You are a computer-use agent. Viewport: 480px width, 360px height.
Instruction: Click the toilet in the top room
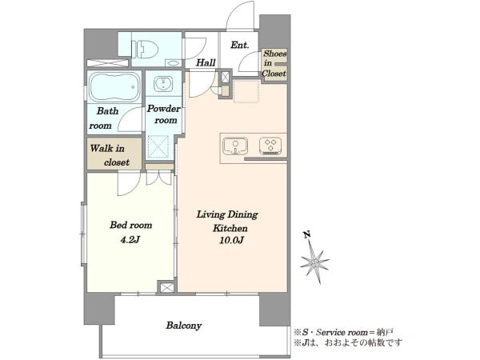click(x=145, y=49)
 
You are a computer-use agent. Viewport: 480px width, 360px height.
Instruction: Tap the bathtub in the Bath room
click(x=114, y=87)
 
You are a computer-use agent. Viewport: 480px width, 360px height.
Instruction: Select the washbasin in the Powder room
click(x=163, y=84)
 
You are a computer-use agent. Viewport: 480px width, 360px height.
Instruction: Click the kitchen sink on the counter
click(x=235, y=146)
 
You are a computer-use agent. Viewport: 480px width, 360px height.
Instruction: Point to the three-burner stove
click(x=270, y=146)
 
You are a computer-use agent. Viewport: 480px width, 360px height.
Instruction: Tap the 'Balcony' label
click(x=184, y=325)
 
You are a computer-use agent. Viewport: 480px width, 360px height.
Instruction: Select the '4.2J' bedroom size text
click(x=130, y=240)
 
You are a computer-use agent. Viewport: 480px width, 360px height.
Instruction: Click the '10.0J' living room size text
click(x=231, y=240)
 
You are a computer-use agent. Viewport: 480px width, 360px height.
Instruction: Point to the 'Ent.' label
click(x=239, y=45)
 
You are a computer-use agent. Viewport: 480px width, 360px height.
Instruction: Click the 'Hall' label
click(x=206, y=62)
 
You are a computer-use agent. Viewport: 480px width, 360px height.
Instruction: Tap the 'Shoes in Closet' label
click(x=274, y=63)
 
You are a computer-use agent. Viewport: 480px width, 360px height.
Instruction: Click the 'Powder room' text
click(x=164, y=114)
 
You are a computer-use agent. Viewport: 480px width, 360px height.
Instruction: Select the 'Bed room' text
click(x=130, y=226)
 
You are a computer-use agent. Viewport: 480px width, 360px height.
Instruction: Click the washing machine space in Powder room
click(x=158, y=146)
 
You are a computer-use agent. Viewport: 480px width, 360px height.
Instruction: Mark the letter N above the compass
click(x=306, y=234)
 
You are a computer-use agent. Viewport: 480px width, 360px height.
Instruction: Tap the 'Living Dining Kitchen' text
click(x=227, y=221)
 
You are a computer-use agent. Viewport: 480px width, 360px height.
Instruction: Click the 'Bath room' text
click(x=104, y=118)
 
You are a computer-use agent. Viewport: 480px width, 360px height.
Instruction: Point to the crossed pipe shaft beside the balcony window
click(x=166, y=287)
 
